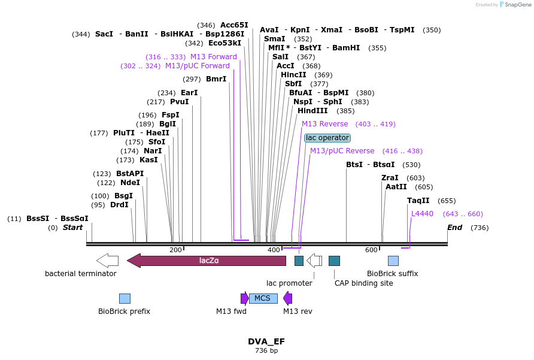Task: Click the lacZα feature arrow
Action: (207, 261)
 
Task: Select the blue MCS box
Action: (263, 298)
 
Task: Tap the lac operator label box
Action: (327, 138)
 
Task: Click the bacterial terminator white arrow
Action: (107, 261)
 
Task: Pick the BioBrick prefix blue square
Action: (125, 298)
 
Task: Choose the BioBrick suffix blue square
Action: (393, 261)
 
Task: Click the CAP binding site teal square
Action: (334, 261)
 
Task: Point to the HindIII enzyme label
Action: (312, 111)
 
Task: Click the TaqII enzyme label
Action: (418, 201)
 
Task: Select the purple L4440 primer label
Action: (422, 214)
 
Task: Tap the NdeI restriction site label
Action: (130, 183)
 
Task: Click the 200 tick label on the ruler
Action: (175, 250)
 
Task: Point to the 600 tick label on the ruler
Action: (371, 250)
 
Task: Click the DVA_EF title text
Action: (266, 341)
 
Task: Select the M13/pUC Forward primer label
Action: (197, 66)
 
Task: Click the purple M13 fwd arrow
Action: (244, 298)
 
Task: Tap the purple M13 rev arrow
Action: (288, 298)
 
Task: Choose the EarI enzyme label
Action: (189, 93)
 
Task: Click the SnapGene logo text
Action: (518, 5)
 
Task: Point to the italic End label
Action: (454, 228)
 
